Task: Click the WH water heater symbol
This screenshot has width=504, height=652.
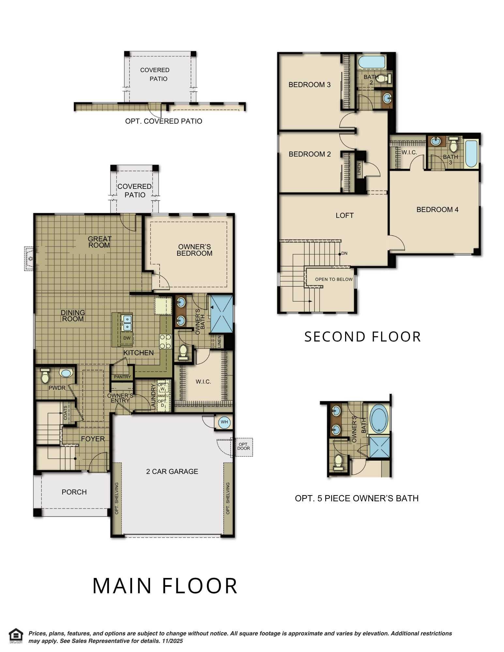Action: pyautogui.click(x=224, y=422)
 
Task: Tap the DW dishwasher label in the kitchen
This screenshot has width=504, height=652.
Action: pyautogui.click(x=127, y=338)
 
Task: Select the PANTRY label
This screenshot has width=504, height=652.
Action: pyautogui.click(x=122, y=377)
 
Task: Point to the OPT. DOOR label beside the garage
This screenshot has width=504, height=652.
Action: pyautogui.click(x=243, y=446)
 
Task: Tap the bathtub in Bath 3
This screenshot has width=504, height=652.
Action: pyautogui.click(x=471, y=154)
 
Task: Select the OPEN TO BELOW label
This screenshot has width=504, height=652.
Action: pyautogui.click(x=334, y=279)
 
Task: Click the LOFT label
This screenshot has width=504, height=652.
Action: pyautogui.click(x=345, y=215)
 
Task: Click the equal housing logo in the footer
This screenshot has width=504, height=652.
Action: pyautogui.click(x=16, y=635)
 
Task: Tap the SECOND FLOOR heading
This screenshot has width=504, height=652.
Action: pyautogui.click(x=362, y=337)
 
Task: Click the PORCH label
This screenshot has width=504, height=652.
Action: pyautogui.click(x=74, y=492)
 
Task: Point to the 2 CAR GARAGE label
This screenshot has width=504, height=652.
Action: pyautogui.click(x=172, y=471)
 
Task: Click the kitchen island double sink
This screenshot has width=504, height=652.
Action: pyautogui.click(x=127, y=322)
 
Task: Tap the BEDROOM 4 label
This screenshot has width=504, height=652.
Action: pyautogui.click(x=437, y=210)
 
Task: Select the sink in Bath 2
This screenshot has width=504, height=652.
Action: pyautogui.click(x=388, y=98)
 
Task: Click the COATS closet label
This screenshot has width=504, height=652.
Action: pyautogui.click(x=66, y=413)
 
